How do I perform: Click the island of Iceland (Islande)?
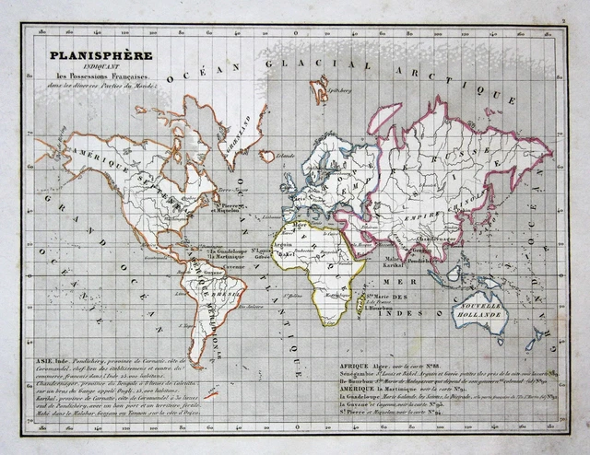266,156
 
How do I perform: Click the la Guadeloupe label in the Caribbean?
225,251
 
